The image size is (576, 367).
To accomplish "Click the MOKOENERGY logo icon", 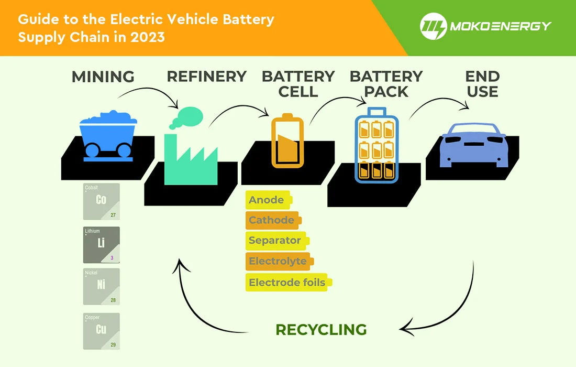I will (x=433, y=26).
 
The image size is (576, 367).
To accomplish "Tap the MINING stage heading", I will (x=103, y=77).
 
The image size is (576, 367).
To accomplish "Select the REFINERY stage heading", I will (x=206, y=77).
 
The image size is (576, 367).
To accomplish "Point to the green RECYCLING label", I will (x=321, y=330).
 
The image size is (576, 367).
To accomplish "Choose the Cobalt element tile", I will (x=102, y=201).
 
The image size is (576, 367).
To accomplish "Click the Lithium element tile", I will (x=102, y=245).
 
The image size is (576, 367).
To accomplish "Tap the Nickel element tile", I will (x=102, y=287).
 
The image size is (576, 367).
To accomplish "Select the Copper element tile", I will (x=102, y=331).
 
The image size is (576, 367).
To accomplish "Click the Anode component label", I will (x=267, y=200).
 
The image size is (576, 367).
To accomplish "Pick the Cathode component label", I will (x=272, y=220).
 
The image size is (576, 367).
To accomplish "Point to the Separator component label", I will (x=275, y=241).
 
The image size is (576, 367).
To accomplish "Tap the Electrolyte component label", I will (x=278, y=261).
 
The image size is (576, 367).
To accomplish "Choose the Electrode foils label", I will (x=287, y=282).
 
